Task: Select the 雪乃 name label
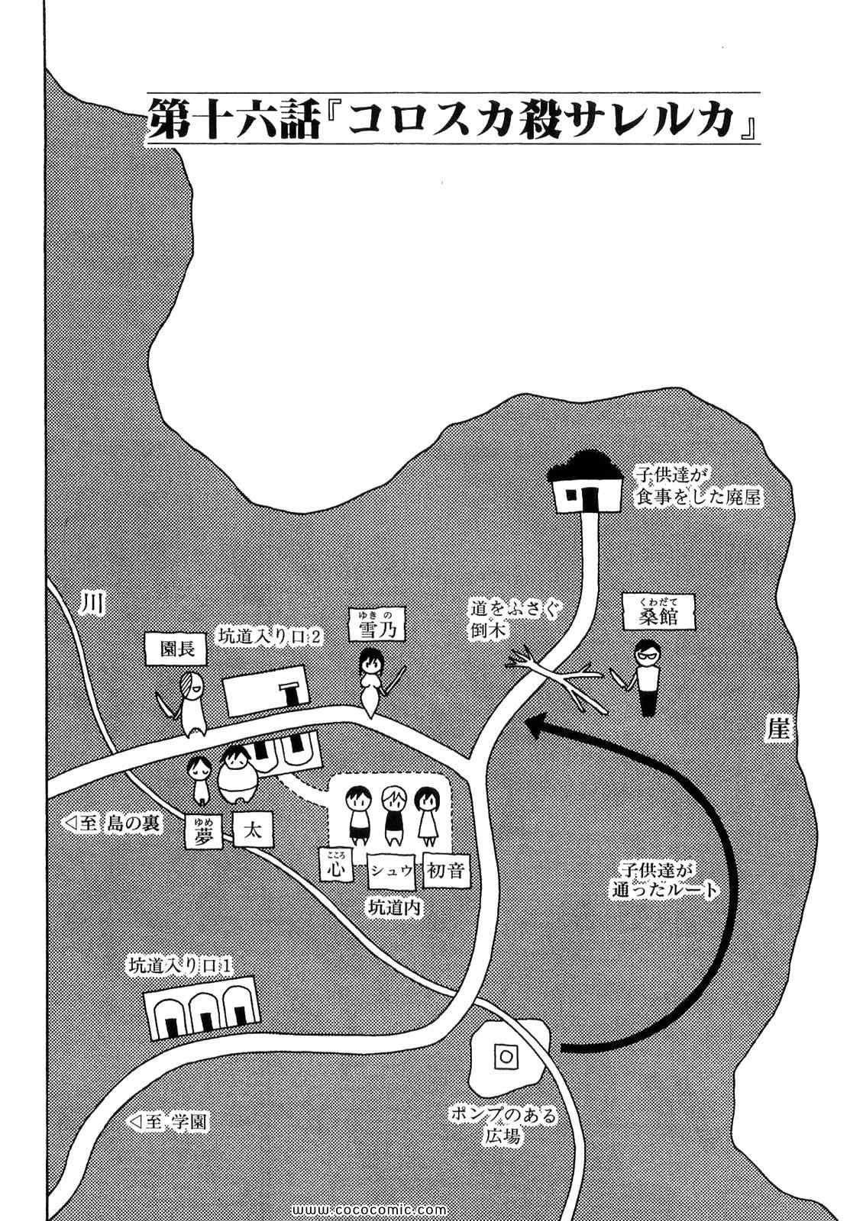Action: click(x=376, y=627)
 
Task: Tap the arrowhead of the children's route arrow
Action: click(x=536, y=726)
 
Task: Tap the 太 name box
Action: click(x=253, y=830)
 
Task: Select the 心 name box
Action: click(x=337, y=868)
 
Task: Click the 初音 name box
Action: click(x=446, y=869)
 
